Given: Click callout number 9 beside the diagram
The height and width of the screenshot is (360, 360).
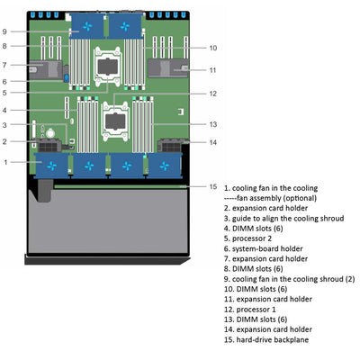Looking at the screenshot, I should pos(6,31).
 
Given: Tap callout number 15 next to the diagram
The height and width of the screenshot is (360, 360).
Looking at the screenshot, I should pos(212,186).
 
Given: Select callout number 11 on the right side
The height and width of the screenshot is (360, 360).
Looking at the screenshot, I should pos(212,69).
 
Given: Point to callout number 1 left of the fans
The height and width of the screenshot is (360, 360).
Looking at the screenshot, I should pos(6,162).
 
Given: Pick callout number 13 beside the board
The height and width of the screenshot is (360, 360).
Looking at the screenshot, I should pos(212,124).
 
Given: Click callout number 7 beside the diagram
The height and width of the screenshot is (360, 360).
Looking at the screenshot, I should pos(6,65).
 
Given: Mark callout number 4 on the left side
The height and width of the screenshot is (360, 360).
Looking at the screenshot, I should pos(6,110).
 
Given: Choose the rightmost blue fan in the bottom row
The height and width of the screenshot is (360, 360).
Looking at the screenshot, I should pos(165,166).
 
